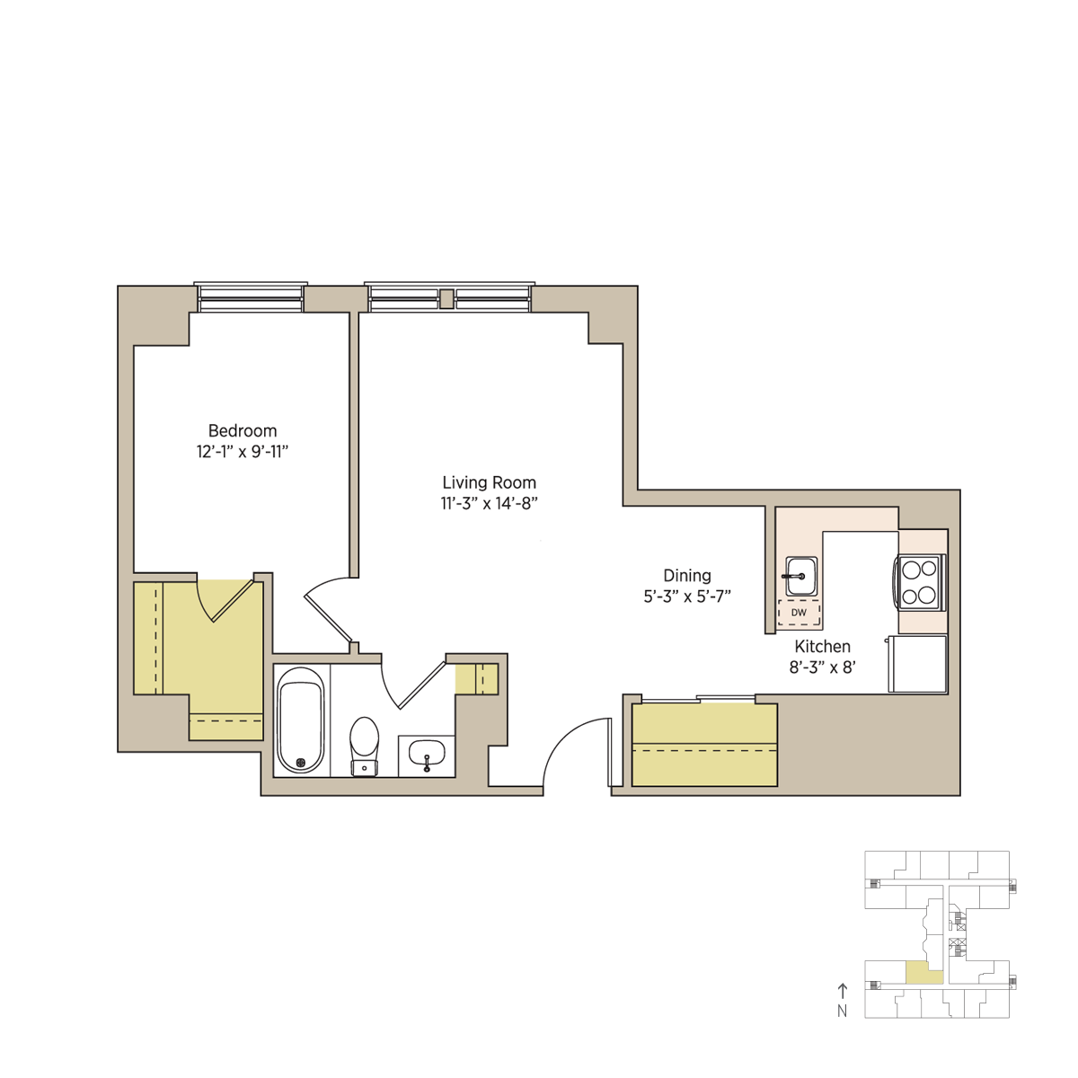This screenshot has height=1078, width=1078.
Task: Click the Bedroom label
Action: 243,431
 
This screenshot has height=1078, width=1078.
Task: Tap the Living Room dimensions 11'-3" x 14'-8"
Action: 489,503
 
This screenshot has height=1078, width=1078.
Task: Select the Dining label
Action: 687,576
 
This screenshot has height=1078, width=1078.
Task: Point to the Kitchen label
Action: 822,647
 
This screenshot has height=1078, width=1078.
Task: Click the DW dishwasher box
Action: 799,613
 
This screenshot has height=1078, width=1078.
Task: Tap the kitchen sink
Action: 801,576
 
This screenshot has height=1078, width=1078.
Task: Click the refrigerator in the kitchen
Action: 917,664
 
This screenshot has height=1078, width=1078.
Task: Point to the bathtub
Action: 301,720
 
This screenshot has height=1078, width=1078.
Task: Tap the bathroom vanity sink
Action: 427,755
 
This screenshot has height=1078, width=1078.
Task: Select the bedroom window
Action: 251,297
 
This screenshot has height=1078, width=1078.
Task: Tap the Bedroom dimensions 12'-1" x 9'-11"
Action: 243,452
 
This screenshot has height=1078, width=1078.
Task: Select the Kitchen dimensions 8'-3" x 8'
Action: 822,667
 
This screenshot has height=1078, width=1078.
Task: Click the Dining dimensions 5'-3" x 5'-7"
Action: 687,596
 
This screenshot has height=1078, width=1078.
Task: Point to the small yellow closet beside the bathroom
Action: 476,679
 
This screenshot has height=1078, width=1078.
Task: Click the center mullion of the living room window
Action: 446,299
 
